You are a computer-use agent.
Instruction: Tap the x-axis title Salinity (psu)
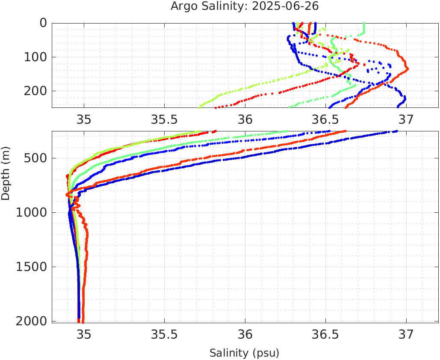point(244,353)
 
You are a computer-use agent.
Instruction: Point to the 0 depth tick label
point(43,23)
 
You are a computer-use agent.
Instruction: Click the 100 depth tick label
point(35,57)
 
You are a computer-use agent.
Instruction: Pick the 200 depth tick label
point(35,91)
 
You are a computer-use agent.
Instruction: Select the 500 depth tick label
point(35,158)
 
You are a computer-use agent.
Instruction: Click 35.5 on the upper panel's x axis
point(164,119)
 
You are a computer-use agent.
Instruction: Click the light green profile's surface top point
point(364,24)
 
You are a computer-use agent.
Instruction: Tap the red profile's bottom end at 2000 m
point(83,321)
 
